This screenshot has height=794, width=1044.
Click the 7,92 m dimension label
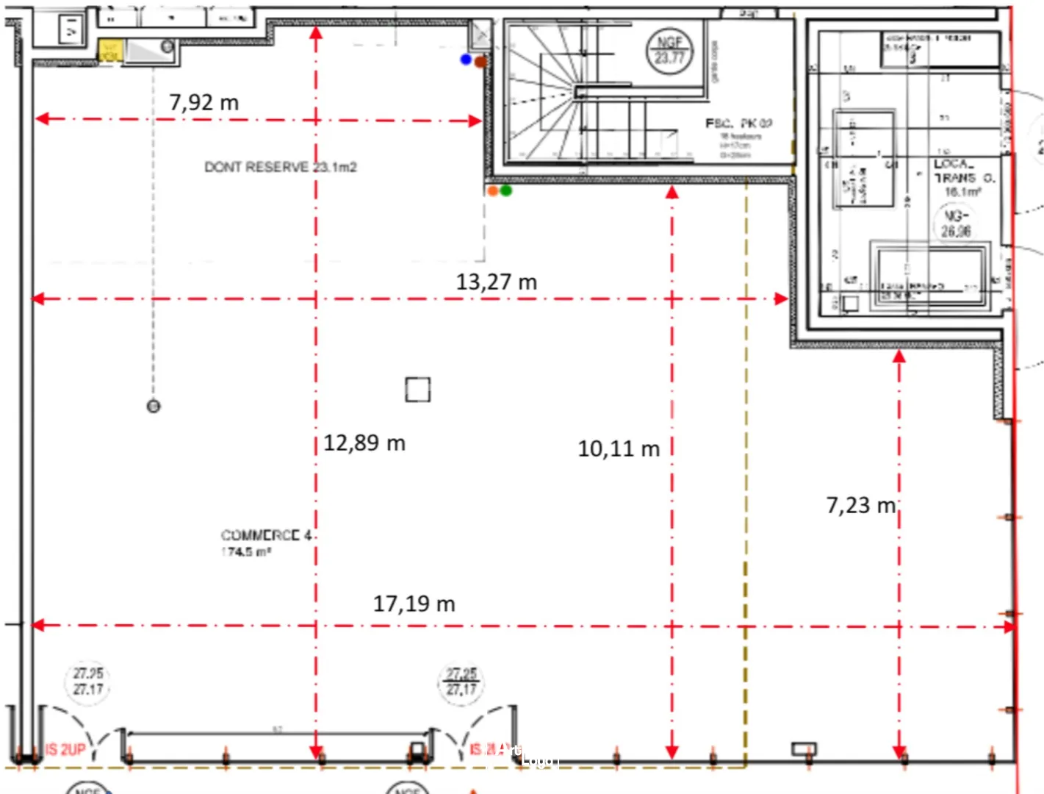pos(204,102)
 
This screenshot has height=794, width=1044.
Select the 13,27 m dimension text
pos(496,282)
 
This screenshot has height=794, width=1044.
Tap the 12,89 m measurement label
pos(364,443)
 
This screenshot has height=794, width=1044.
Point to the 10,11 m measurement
pos(618,448)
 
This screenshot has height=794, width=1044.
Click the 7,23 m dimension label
pos(860,505)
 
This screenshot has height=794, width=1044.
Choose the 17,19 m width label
pos(414,604)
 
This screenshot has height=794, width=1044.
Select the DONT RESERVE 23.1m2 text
pos(280,167)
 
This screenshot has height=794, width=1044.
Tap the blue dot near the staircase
pos(466,59)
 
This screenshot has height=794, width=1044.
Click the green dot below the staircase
pos(506,191)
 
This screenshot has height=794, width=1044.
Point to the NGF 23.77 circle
pos(669,50)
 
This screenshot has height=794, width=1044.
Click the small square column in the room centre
pos(417,390)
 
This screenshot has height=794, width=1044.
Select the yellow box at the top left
pos(109,51)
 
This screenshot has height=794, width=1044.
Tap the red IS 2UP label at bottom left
pos(65,749)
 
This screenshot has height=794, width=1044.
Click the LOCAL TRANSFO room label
pos(964,176)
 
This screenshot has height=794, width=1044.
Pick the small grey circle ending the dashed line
pos(153,406)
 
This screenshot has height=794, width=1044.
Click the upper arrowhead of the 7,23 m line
pos(899,357)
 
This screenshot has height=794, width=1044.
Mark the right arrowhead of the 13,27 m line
pos(782,298)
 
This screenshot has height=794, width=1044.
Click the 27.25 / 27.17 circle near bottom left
pos(88,682)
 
